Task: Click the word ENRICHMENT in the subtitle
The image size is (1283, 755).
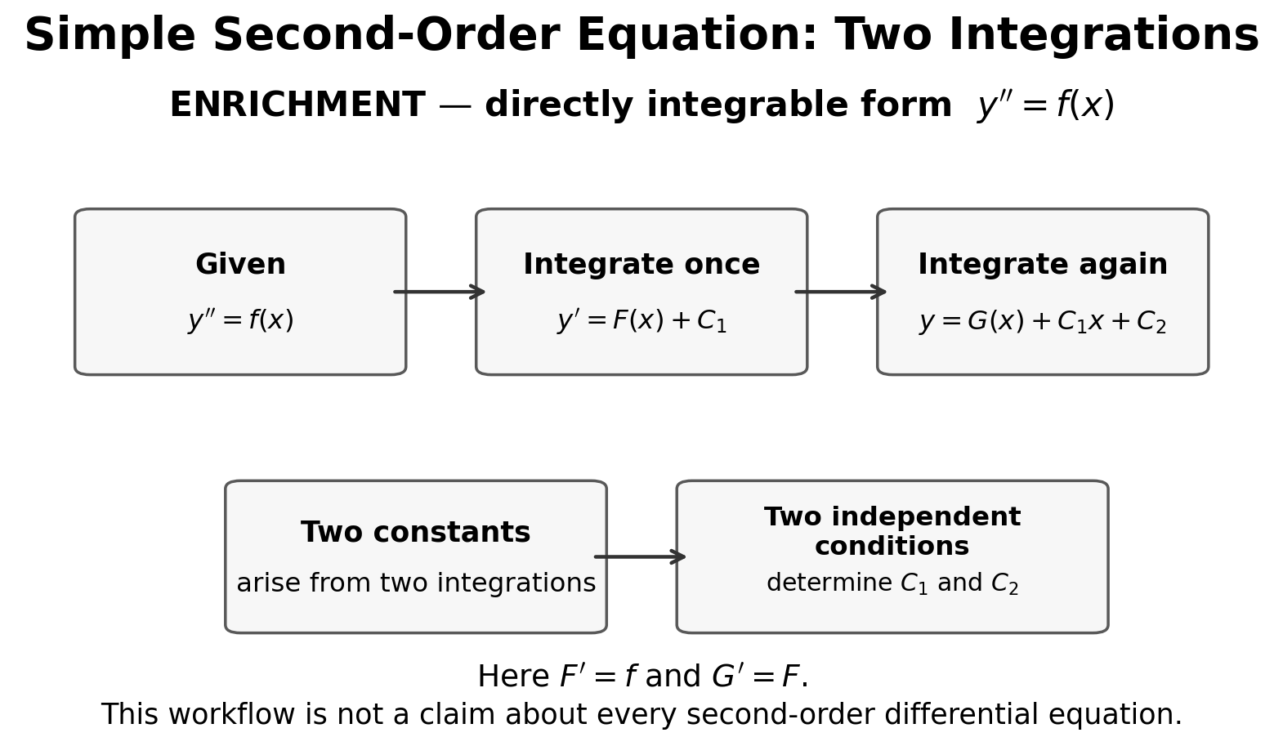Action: coord(297,105)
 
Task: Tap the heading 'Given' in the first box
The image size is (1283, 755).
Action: coord(240,264)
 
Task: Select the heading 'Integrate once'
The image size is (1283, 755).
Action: coord(641,265)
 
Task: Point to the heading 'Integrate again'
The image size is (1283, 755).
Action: coord(1043,265)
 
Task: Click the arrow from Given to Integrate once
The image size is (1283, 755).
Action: coord(440,292)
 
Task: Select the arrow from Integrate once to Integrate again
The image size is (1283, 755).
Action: coord(840,292)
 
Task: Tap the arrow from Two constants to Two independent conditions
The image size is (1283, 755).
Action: coord(640,556)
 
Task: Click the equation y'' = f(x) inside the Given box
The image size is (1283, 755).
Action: coord(240,319)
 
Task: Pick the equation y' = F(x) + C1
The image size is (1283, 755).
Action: coord(641,320)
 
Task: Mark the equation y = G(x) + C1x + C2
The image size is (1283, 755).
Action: coord(1043,321)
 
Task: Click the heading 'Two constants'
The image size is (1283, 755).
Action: coord(416,532)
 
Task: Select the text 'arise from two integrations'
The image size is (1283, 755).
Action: coord(417,583)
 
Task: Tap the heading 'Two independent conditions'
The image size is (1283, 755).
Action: coord(892,531)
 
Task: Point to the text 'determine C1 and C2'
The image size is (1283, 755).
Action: coord(892,583)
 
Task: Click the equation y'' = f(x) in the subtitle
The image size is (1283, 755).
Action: coord(1046,105)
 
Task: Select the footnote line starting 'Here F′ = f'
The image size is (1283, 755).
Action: coord(642,676)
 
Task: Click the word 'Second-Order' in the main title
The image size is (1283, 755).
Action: coord(385,35)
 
